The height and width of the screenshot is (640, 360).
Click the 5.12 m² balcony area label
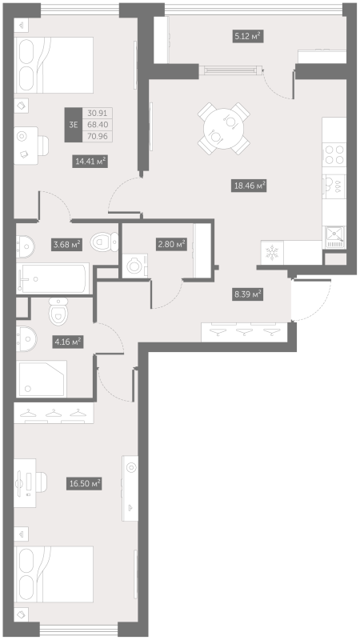tap(248, 36)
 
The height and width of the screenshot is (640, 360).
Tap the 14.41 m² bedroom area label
tap(90, 161)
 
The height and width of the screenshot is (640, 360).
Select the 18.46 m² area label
tap(248, 185)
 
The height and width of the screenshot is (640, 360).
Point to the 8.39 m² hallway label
tap(246, 294)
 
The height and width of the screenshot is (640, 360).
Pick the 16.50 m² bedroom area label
tap(84, 483)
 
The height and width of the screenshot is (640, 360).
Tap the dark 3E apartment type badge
tap(74, 124)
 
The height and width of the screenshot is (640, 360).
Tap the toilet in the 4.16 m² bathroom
tap(58, 308)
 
